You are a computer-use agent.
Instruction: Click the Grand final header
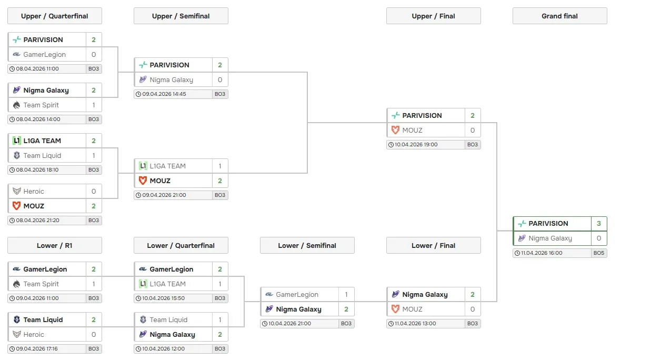[559, 16]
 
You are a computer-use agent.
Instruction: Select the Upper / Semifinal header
[181, 16]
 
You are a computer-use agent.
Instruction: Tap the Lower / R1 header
[54, 245]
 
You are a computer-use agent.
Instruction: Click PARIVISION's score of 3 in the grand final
[598, 223]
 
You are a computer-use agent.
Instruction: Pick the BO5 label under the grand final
[598, 253]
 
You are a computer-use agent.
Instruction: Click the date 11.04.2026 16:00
[542, 253]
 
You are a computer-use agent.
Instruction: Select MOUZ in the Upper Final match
[412, 130]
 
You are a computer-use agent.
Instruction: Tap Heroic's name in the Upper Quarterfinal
[34, 191]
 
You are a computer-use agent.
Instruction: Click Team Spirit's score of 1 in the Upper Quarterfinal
[94, 105]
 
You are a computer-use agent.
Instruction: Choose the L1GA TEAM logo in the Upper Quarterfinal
[17, 141]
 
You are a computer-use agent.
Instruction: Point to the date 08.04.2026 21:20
[37, 221]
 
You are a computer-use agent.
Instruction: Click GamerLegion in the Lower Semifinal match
[297, 294]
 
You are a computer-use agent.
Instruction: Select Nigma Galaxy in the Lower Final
[425, 294]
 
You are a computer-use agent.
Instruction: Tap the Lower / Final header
[433, 245]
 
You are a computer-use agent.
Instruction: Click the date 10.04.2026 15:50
[164, 298]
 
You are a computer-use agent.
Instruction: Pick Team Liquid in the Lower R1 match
[43, 319]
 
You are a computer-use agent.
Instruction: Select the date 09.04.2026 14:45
[164, 94]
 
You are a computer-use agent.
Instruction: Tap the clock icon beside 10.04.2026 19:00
[391, 145]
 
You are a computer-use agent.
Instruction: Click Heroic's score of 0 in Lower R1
[94, 334]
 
